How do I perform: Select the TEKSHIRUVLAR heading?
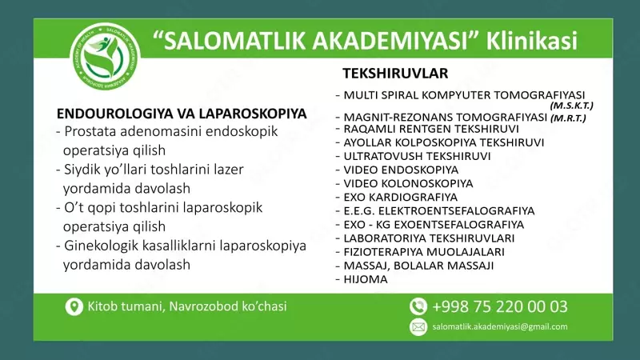[395, 74]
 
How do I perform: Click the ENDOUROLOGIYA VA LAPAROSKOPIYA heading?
[182, 114]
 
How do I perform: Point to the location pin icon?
[74, 306]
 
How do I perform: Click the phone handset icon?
[418, 306]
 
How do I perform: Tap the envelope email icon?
[418, 326]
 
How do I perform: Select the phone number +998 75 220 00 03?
[500, 306]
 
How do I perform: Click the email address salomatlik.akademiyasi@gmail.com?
[499, 326]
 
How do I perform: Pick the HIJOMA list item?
[365, 279]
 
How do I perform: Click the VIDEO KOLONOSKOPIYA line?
[407, 183]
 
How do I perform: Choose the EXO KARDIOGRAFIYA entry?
[399, 197]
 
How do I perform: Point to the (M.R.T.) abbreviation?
[568, 118]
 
